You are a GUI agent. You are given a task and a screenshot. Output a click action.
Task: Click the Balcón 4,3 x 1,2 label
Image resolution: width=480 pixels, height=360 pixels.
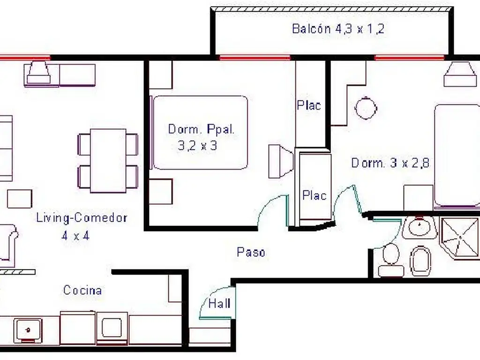click(338, 29)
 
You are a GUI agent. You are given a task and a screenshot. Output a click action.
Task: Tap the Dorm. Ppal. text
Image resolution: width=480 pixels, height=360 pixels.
click(201, 129)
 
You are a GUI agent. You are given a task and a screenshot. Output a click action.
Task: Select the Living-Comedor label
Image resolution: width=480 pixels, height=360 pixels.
click(82, 217)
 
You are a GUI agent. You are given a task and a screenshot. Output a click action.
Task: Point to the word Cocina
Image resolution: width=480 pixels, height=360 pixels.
click(82, 290)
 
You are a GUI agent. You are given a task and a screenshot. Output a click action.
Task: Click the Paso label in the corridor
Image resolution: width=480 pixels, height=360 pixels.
click(251, 252)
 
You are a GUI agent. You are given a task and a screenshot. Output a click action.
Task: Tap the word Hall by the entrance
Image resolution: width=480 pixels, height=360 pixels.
click(219, 304)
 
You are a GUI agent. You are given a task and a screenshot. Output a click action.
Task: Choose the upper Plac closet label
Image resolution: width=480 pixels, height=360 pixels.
click(309, 105)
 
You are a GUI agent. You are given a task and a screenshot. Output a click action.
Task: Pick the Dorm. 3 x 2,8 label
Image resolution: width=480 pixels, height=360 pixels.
click(390, 163)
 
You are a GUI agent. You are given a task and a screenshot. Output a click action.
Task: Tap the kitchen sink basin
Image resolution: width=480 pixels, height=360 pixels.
click(28, 330)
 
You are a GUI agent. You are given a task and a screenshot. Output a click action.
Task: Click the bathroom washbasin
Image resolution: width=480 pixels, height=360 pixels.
click(419, 227)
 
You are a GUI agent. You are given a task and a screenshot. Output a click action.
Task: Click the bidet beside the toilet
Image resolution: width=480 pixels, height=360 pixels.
click(421, 261)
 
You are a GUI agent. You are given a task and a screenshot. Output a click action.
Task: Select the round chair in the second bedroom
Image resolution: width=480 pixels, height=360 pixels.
click(366, 108)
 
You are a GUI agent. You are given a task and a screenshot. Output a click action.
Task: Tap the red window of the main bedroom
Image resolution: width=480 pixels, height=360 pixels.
click(255, 58)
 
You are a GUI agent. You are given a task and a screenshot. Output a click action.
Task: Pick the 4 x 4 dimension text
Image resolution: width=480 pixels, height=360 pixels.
click(75, 236)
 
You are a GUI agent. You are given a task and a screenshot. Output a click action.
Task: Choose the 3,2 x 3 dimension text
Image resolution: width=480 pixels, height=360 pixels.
click(197, 145)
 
